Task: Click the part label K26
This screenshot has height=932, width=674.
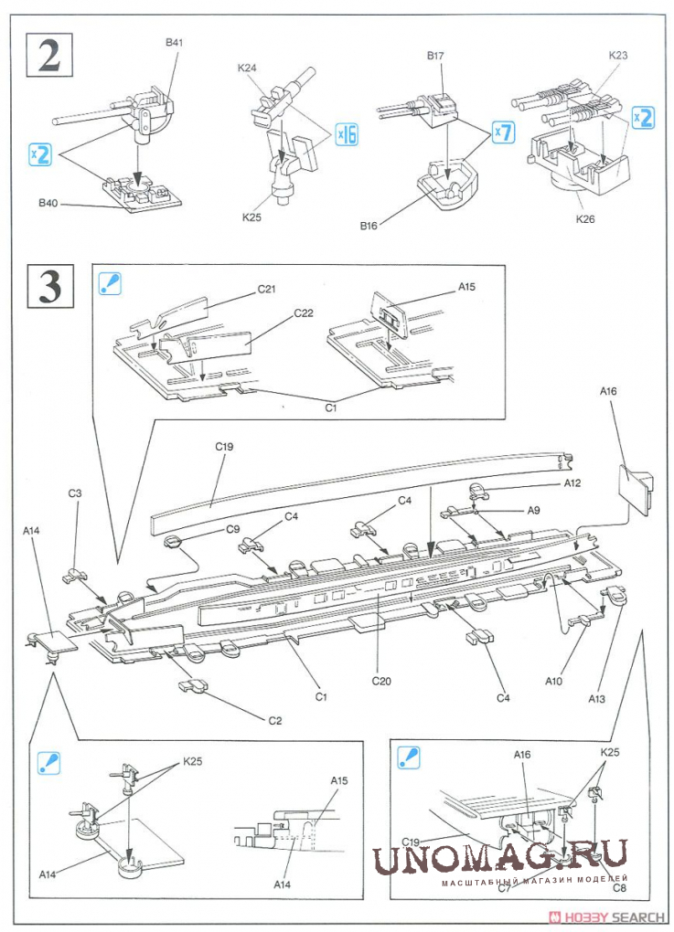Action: [x=585, y=219]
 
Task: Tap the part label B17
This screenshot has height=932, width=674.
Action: [x=434, y=56]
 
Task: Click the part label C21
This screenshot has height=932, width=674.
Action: [x=266, y=289]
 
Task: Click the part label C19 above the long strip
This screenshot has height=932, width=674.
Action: [x=225, y=447]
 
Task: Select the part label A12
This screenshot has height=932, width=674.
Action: [x=572, y=482]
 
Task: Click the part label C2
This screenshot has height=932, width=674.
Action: [x=274, y=720]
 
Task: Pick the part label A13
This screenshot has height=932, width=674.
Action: [x=596, y=699]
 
